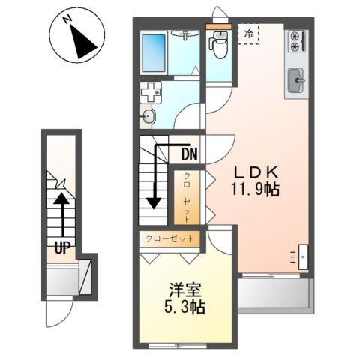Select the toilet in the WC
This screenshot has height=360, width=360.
[219, 46]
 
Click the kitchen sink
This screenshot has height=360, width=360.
[296, 79]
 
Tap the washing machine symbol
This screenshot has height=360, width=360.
[151, 94]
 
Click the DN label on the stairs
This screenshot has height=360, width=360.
[189, 156]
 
